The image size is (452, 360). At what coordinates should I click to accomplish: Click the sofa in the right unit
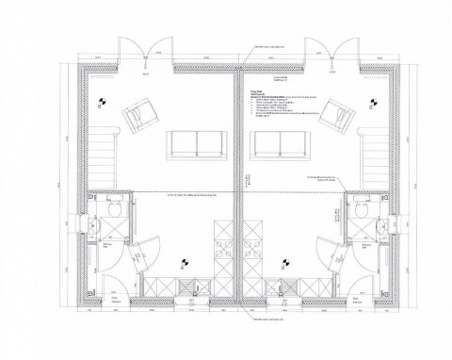pyautogui.click(x=280, y=143)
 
